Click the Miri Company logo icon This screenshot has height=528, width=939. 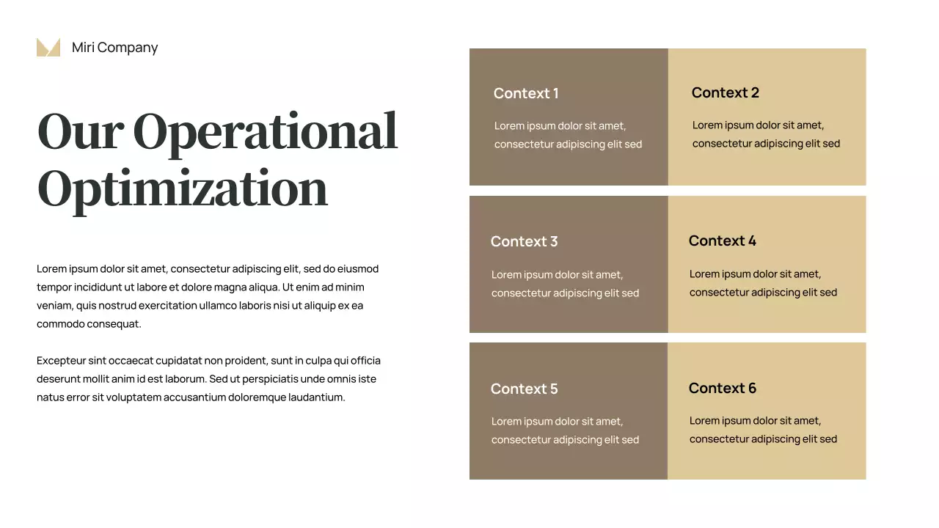[48, 48]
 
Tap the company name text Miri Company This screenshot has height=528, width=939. [114, 48]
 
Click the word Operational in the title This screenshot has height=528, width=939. [265, 132]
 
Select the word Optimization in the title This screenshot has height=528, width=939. [182, 188]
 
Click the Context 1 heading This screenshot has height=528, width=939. [526, 93]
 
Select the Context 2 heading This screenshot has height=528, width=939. [725, 92]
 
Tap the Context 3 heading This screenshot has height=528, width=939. [524, 241]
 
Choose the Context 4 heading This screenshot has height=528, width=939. [722, 241]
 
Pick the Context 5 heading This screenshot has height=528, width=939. [524, 389]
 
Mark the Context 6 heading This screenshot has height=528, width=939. [722, 388]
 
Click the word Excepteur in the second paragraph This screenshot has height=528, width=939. [61, 361]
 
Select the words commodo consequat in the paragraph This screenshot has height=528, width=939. [89, 324]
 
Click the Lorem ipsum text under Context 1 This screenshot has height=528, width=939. [568, 135]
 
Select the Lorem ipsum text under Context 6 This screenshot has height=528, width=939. [763, 430]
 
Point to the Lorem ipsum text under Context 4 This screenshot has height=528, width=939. [763, 283]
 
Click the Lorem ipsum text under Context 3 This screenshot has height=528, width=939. [565, 284]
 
